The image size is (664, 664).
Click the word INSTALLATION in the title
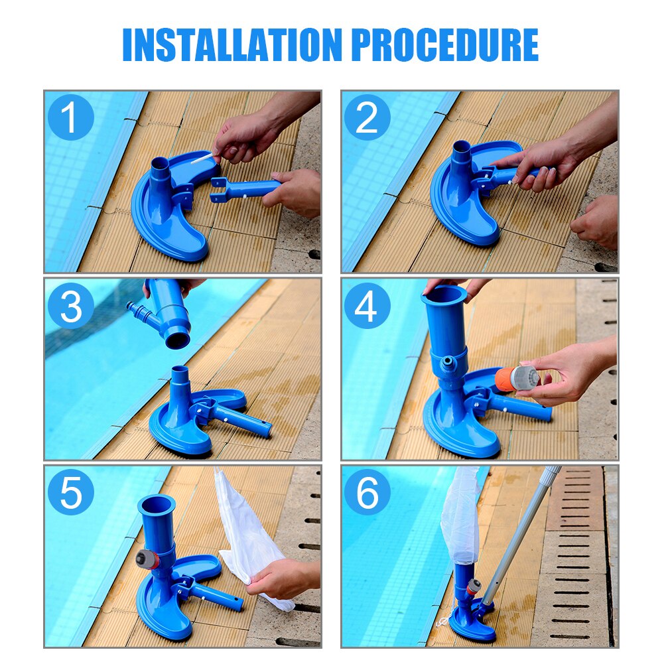click(x=232, y=45)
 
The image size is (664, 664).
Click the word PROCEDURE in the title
click(x=444, y=45)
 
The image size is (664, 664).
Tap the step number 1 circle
click(x=70, y=118)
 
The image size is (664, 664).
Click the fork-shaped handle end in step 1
click(x=222, y=189)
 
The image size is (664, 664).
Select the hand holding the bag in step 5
click(x=282, y=577)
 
